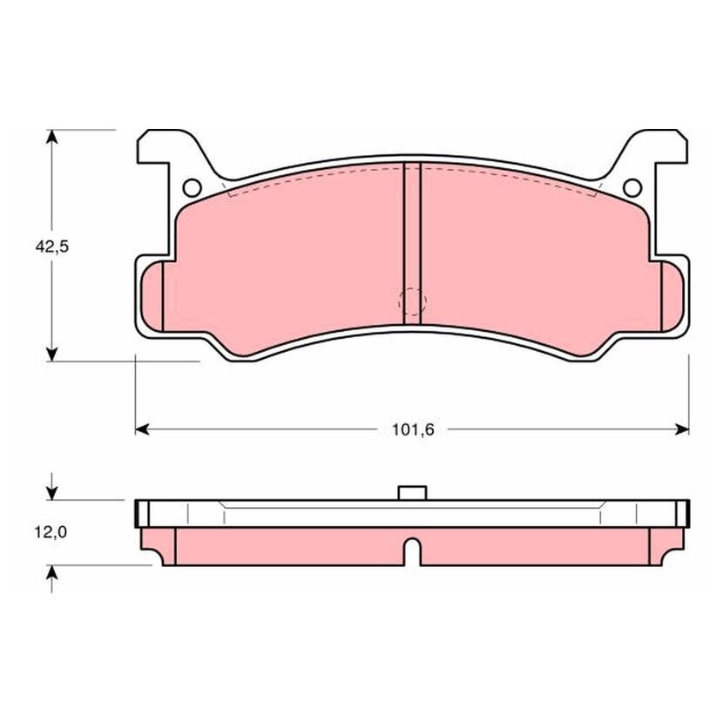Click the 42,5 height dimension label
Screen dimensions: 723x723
point(52,247)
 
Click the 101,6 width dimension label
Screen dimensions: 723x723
point(413,429)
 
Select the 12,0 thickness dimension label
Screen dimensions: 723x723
point(51,532)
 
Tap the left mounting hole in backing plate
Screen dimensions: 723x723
point(192,187)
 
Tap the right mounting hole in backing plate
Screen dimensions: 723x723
point(632,187)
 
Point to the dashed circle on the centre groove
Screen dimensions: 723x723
point(412,302)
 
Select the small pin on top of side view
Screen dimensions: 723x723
point(412,492)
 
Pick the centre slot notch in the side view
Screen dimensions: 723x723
point(413,551)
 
